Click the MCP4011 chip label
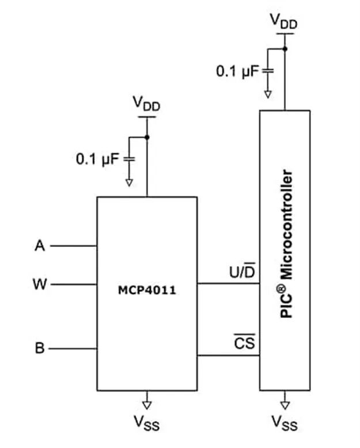pyautogui.click(x=147, y=291)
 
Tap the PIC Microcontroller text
pyautogui.click(x=287, y=244)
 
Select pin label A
pyautogui.click(x=40, y=246)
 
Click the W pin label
pyautogui.click(x=40, y=284)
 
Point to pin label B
pyautogui.click(x=40, y=348)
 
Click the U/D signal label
pyautogui.click(x=242, y=271)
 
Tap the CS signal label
pyautogui.click(x=245, y=342)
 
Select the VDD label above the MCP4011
pyautogui.click(x=146, y=104)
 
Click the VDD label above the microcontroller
pyautogui.click(x=284, y=21)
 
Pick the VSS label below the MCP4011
pyautogui.click(x=146, y=423)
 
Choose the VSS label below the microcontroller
pyautogui.click(x=285, y=423)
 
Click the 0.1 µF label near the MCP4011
pyautogui.click(x=97, y=159)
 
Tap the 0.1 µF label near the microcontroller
pyautogui.click(x=237, y=71)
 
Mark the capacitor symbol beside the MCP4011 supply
pyautogui.click(x=129, y=159)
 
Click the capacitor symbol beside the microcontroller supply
pyautogui.click(x=268, y=71)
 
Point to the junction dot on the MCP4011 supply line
pyautogui.click(x=147, y=138)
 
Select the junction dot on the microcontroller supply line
pyautogui.click(x=285, y=49)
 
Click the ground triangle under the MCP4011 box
pyautogui.click(x=147, y=405)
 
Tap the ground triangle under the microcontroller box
pyautogui.click(x=285, y=405)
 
